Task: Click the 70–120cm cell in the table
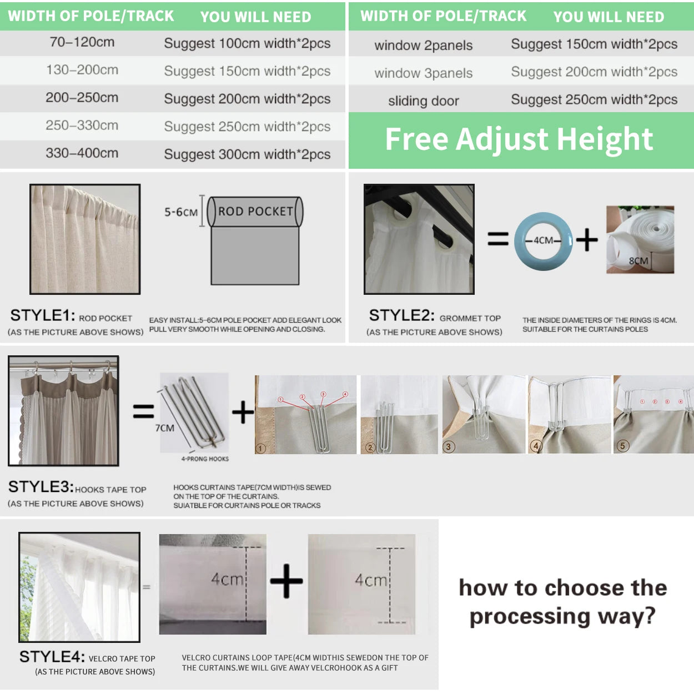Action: tap(82, 42)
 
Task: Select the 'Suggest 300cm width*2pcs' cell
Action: tap(247, 154)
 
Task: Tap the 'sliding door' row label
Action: tap(423, 101)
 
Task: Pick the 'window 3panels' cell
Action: tap(423, 73)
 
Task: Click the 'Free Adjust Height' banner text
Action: tap(519, 139)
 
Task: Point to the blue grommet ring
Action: tap(543, 240)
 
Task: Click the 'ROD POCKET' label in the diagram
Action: tap(255, 212)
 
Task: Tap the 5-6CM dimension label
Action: tap(180, 212)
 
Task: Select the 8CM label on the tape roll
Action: tap(638, 261)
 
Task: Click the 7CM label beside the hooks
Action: tap(164, 428)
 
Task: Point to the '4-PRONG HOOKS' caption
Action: tap(205, 459)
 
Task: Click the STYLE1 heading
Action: tap(43, 316)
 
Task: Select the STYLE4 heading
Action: tap(52, 657)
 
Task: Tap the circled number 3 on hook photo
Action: tap(449, 446)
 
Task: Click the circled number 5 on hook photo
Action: tap(622, 446)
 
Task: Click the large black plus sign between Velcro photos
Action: tap(286, 581)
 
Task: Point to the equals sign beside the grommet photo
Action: tap(497, 239)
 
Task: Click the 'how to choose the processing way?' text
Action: tap(562, 602)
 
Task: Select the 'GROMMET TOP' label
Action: tap(470, 318)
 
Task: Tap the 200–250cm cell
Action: tap(82, 98)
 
